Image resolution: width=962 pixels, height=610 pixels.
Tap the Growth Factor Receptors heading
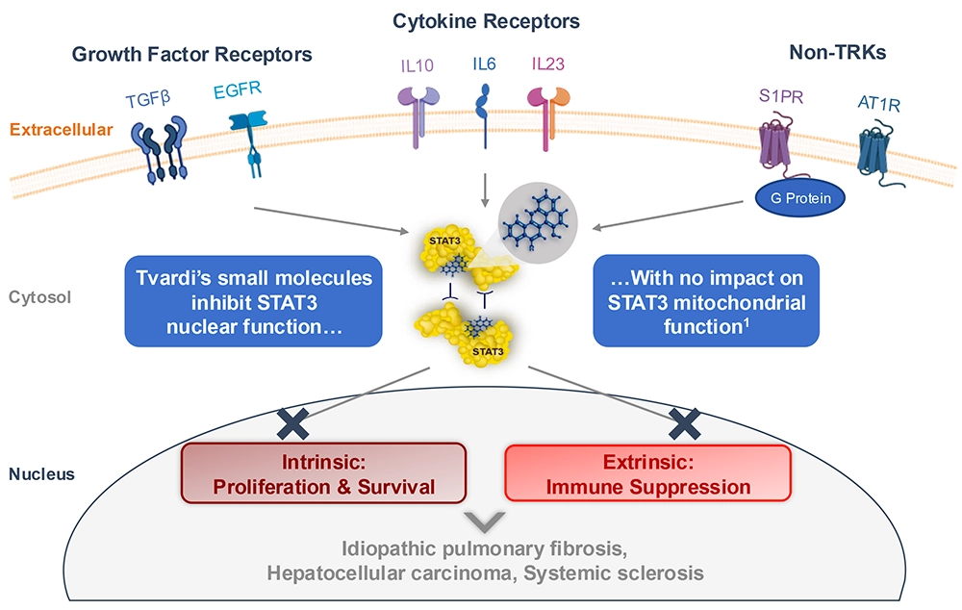pos(192,55)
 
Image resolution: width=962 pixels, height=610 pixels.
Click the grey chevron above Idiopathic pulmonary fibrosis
pos(483,523)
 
